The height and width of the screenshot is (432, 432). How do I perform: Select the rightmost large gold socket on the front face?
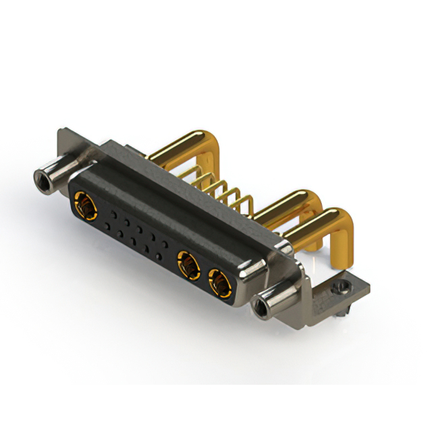pos(219,282)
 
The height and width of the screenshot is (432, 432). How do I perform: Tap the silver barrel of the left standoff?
pos(57,169)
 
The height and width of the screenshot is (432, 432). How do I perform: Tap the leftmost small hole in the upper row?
pos(114,215)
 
